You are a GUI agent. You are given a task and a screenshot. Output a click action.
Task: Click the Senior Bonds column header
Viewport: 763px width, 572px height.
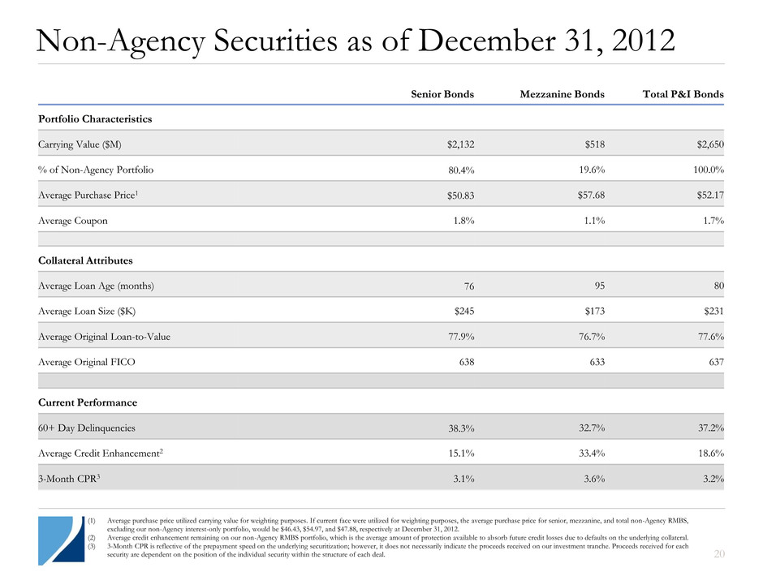pos(442,94)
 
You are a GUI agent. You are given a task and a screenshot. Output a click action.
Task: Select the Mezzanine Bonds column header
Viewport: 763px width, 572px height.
pos(562,94)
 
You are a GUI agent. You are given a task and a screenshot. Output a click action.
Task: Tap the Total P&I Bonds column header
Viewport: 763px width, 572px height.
pos(677,94)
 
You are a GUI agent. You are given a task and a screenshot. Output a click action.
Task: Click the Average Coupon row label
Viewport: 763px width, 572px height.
pos(72,220)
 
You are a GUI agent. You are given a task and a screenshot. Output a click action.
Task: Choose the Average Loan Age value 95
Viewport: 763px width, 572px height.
pos(597,285)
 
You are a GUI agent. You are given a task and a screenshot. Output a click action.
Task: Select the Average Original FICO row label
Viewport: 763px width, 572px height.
pos(87,362)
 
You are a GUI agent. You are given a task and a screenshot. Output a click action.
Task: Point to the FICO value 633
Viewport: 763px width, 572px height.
pos(594,362)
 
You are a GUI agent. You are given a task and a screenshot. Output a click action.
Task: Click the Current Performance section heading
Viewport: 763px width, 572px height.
pos(87,402)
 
